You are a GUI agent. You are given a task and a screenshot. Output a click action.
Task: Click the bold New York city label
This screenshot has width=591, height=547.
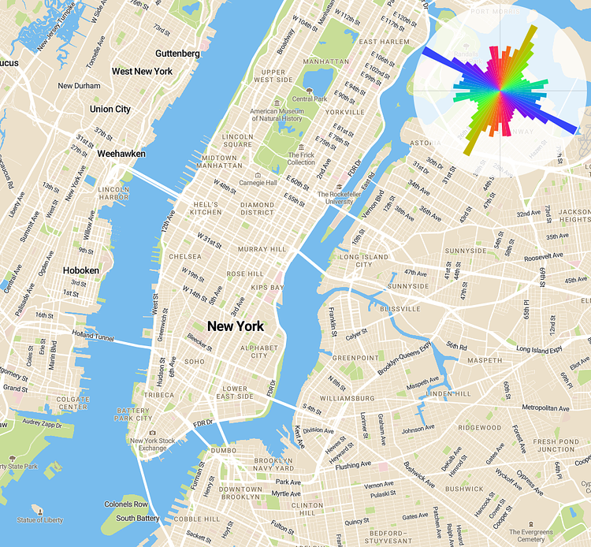[x=235, y=326]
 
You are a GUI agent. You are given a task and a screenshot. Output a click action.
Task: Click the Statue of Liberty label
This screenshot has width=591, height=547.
[x=40, y=520]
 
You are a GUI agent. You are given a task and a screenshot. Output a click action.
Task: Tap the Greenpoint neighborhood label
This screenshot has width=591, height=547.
[x=355, y=358]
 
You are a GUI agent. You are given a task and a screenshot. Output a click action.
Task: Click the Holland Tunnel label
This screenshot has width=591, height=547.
[x=92, y=337]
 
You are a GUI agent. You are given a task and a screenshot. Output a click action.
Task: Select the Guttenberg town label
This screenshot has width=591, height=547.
[x=177, y=53]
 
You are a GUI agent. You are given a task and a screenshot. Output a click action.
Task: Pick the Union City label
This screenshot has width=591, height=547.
[x=110, y=109]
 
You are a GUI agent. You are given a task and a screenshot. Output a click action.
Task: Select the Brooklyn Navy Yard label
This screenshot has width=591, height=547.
[x=273, y=464]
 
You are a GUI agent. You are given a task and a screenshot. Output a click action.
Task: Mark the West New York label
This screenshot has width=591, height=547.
[x=142, y=71]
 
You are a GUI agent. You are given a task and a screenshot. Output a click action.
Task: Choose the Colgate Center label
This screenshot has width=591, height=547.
[x=72, y=404]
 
